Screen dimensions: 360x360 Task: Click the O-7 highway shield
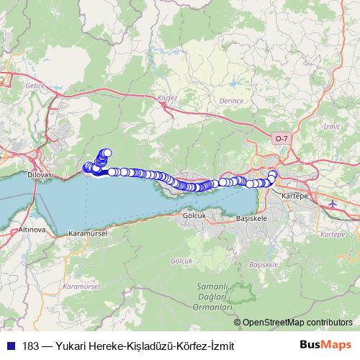[x=282, y=137]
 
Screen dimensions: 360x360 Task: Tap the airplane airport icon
[x=332, y=204]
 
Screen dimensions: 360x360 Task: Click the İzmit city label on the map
[x=332, y=126]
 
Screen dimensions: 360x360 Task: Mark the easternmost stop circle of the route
[x=272, y=174]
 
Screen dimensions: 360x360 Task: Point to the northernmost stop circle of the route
[x=107, y=153]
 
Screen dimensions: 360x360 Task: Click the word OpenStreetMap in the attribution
[x=272, y=323]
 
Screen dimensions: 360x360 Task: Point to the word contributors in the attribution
[x=328, y=323]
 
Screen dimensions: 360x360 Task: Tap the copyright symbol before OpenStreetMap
[x=237, y=323]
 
